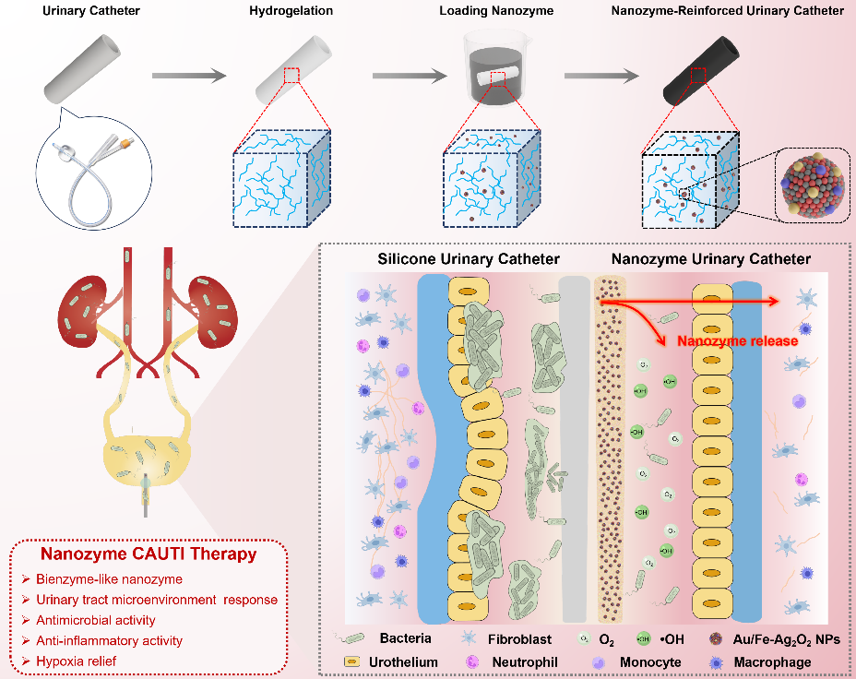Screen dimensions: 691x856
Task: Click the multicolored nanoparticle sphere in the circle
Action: coord(812,188)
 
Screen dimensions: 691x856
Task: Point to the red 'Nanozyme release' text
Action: coord(737,341)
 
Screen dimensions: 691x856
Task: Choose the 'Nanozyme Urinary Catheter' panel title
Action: coord(712,259)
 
